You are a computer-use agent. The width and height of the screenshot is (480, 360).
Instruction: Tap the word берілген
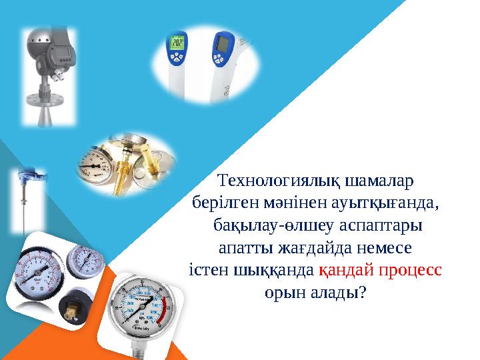221,200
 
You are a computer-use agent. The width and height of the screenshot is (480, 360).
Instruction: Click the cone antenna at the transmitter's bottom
47,115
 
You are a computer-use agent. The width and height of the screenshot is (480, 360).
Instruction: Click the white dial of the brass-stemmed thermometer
95,164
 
